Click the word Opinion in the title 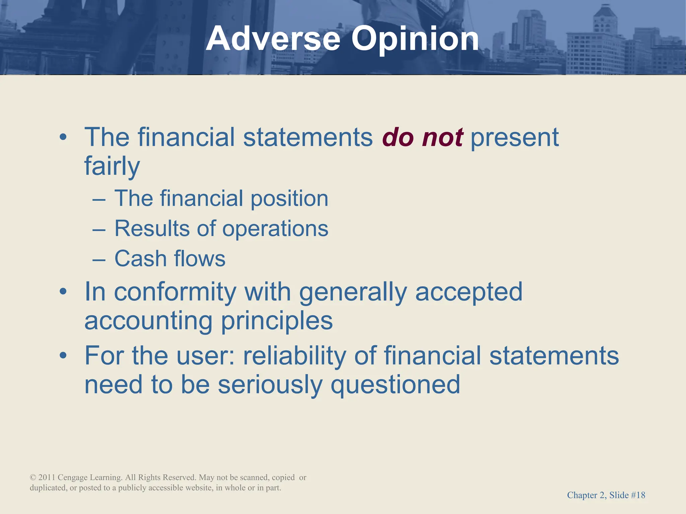pos(415,39)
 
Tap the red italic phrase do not pos(422,137)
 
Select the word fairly pos(112,166)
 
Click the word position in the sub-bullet pos(289,198)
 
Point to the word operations pos(275,229)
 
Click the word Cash pos(140,259)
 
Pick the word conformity pos(175,292)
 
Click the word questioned pos(395,385)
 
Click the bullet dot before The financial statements pos(63,137)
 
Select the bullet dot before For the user pos(63,356)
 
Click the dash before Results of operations pos(99,230)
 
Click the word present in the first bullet pos(514,137)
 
